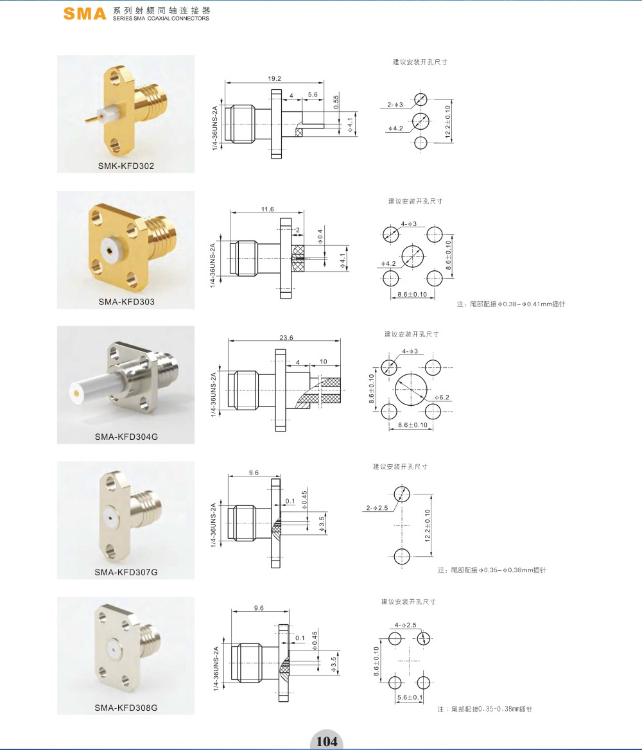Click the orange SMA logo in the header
[85, 13]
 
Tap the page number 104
[327, 742]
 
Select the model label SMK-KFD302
[126, 166]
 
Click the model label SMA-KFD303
[126, 302]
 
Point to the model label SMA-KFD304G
[126, 437]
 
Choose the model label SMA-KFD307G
[126, 572]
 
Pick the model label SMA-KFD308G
[126, 708]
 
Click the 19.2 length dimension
[275, 78]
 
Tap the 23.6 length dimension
[286, 337]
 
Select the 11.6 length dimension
[268, 209]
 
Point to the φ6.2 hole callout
[442, 397]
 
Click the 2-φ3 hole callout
[395, 104]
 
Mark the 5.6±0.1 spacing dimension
[410, 697]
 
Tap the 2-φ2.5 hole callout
[377, 508]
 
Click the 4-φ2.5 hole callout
[406, 625]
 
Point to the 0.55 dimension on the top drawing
[336, 101]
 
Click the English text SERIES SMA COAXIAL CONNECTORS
[160, 18]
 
